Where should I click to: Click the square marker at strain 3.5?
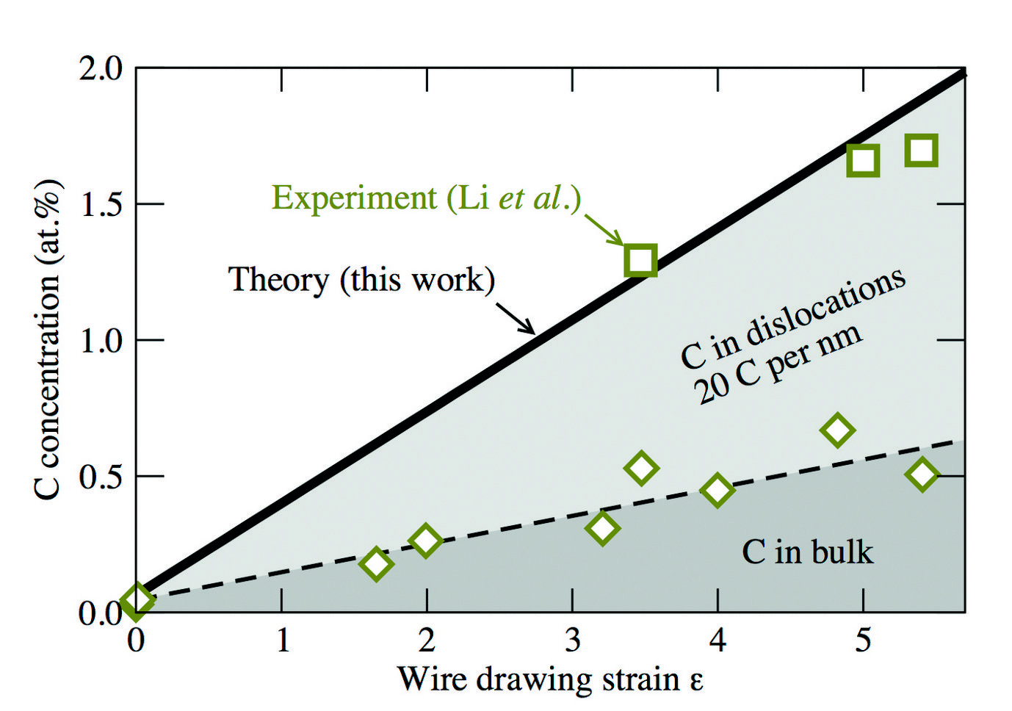[640, 260]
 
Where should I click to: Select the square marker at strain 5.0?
[863, 160]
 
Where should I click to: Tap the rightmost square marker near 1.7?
[922, 151]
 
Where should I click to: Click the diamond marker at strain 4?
[717, 490]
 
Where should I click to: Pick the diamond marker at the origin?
[137, 600]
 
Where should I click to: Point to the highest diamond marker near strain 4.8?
[837, 430]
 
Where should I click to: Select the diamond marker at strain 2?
[425, 541]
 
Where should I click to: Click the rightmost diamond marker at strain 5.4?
[922, 474]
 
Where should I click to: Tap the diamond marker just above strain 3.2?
[602, 527]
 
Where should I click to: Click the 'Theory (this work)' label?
[361, 280]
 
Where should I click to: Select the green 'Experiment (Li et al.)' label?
[426, 198]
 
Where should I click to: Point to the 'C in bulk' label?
[807, 552]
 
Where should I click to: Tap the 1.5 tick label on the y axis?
[101, 204]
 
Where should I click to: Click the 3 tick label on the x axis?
[573, 640]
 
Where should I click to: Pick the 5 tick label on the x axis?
[863, 640]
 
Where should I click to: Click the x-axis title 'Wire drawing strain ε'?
[550, 679]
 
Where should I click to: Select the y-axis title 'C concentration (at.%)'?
[48, 339]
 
